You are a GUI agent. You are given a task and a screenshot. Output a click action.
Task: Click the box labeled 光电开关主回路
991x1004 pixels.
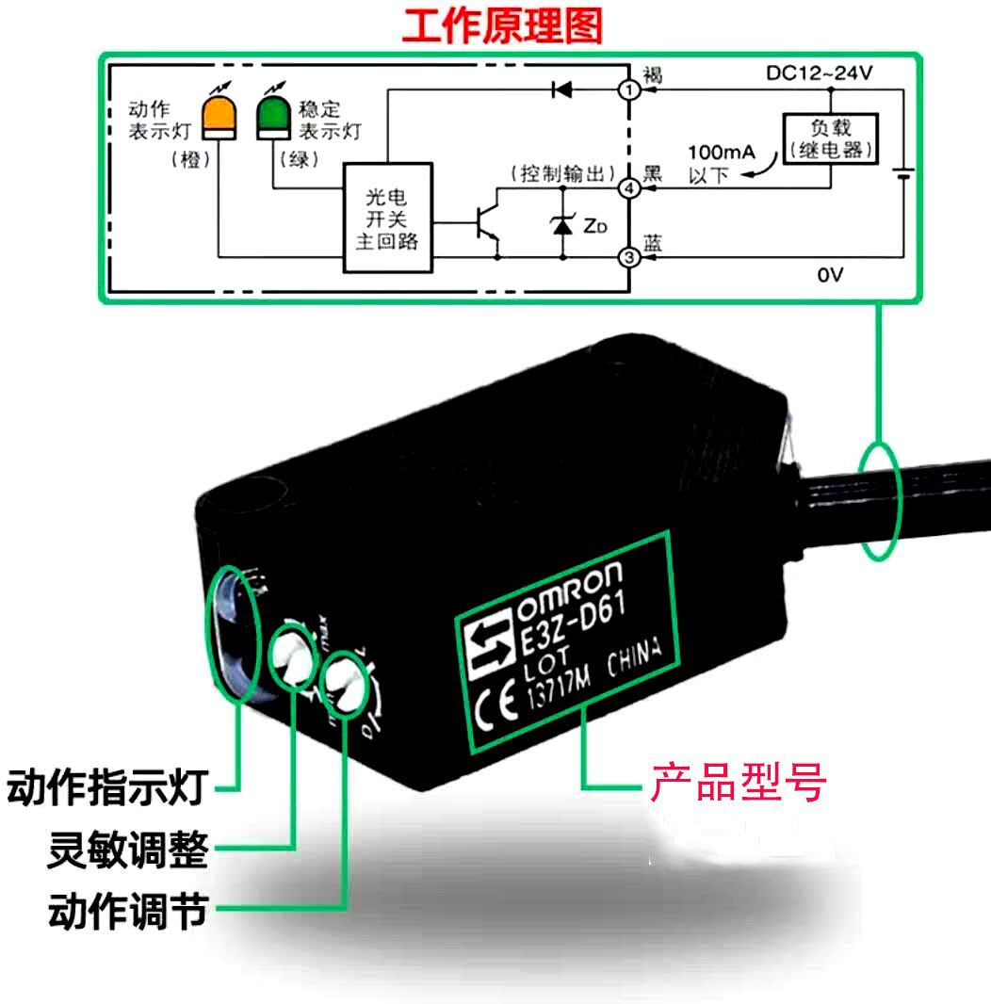pos(387,217)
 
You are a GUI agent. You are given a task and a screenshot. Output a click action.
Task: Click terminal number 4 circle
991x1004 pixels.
pos(629,189)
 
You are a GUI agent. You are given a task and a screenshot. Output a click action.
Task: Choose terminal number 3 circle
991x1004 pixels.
pos(629,256)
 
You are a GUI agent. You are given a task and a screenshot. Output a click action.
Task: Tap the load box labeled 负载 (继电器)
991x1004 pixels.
pos(830,138)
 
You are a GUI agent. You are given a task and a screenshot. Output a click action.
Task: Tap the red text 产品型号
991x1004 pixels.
pos(738,783)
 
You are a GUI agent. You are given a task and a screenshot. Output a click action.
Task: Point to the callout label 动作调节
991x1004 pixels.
pos(128,911)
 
